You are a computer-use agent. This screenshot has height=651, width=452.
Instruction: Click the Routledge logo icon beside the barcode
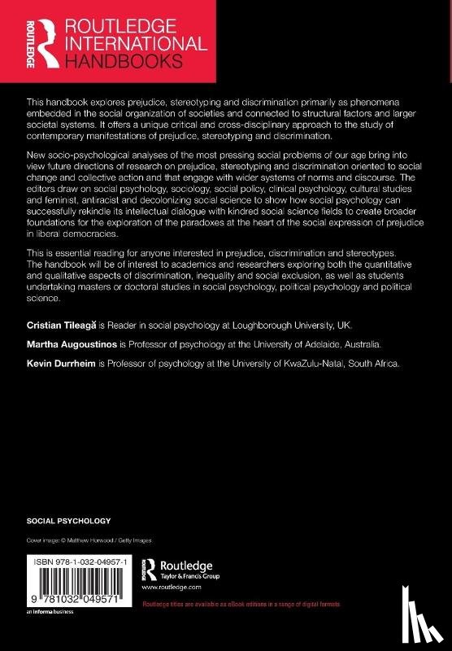click(150, 566)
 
